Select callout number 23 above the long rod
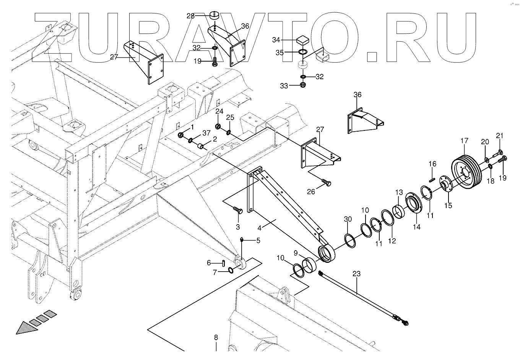click(x=356, y=274)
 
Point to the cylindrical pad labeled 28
click(x=214, y=17)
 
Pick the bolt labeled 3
click(x=237, y=210)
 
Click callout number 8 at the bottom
click(x=216, y=337)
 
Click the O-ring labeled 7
click(x=231, y=270)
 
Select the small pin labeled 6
click(x=223, y=262)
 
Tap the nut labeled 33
click(x=302, y=85)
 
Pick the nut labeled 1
click(x=181, y=135)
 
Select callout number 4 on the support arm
click(x=260, y=228)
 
